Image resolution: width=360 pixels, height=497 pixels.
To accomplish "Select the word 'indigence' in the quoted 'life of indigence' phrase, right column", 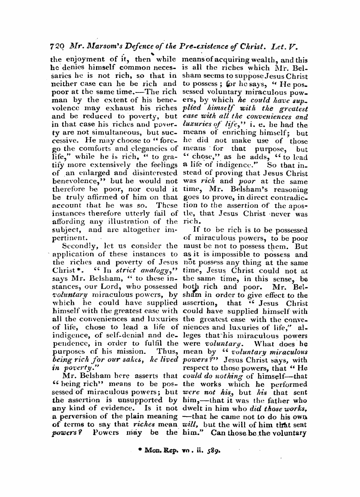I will (231, 165).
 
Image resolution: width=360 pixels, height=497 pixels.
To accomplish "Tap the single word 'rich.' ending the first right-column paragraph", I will (190, 221).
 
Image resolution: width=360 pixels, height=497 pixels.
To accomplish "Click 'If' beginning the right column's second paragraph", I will (196, 230).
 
